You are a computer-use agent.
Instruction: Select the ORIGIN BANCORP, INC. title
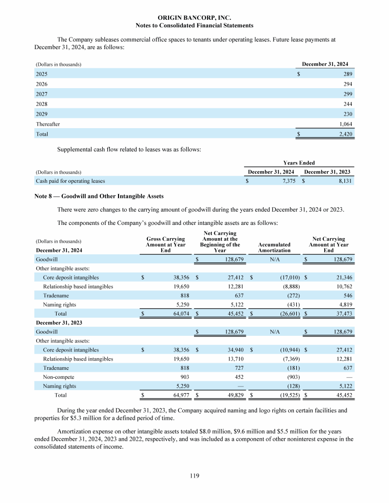point(194,17)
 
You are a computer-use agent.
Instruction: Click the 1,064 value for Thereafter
point(344,124)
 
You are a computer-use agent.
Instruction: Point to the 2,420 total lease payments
point(344,134)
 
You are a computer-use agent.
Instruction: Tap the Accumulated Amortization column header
point(274,248)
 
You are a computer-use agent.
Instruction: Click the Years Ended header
point(300,163)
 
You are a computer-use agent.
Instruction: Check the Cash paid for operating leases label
point(70,180)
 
